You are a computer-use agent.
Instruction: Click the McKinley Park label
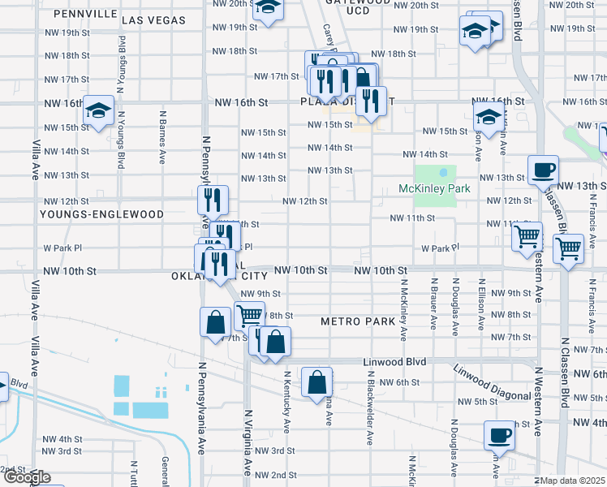[434, 189]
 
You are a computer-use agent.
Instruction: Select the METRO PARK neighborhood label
[356, 321]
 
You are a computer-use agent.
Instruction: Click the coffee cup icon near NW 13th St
[543, 170]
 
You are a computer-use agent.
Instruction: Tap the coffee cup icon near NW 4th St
[499, 435]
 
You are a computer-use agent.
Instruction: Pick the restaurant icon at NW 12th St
[213, 200]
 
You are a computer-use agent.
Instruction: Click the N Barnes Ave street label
[162, 136]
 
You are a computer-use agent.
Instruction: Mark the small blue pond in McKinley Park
[443, 172]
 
